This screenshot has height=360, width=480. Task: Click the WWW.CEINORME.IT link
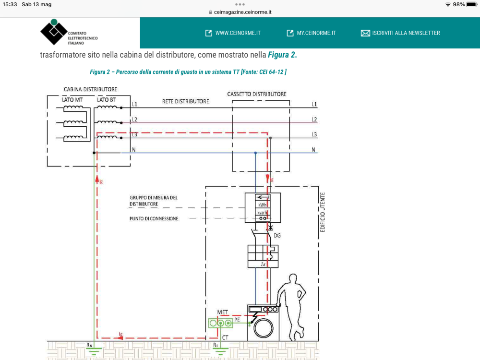coord(233,33)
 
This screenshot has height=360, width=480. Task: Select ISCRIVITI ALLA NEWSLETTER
coord(400,33)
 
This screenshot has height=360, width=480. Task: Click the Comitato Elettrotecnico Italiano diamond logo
coord(54,32)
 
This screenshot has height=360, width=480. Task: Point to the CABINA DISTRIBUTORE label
coord(90,89)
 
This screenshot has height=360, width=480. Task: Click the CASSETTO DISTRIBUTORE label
coord(257,94)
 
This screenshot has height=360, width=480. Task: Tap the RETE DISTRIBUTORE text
coord(185,101)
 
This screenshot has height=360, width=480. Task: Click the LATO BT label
coord(106,99)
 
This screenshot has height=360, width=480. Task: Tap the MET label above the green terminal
coord(222,312)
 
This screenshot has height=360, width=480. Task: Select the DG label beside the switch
coord(277,235)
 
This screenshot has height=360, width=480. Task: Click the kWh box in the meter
coord(262,204)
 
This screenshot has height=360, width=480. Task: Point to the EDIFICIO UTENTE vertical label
coord(323,212)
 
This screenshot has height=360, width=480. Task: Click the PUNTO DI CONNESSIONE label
coord(154,218)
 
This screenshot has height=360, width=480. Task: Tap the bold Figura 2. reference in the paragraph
coord(282,55)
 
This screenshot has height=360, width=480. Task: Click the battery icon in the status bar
coord(471,4)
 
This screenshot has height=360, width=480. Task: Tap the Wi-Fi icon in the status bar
coord(448,4)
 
